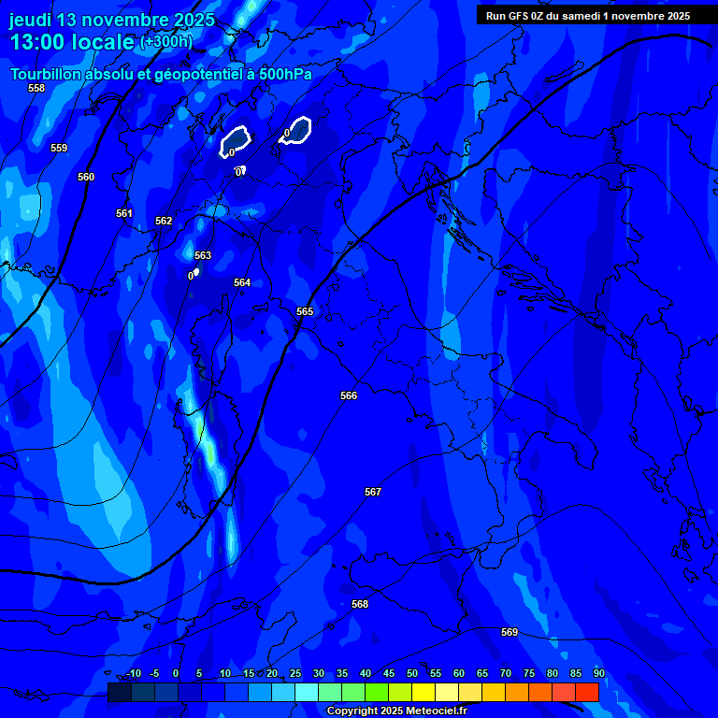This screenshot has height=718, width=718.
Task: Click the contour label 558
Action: pos(36,88)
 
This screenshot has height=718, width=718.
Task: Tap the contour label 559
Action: pos(59,148)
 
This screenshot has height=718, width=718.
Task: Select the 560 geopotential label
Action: pos(86,177)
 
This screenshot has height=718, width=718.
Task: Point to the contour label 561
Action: pos(124,213)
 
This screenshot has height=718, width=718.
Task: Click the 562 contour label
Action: pos(164,221)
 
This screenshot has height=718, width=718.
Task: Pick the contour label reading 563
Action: pos(203,255)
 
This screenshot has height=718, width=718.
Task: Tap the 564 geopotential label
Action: pos(242,282)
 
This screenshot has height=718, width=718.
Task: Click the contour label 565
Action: pos(305,311)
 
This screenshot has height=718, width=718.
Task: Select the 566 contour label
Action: pos(349,395)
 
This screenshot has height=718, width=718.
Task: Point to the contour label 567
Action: pos(373,492)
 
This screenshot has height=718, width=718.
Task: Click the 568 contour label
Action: pos(360,604)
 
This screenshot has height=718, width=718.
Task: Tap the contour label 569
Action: pos(510,632)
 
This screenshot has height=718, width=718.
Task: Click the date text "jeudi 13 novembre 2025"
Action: pos(112,20)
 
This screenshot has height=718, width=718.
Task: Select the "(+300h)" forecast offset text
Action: pos(165,42)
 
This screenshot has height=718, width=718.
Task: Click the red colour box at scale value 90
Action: pos(587,692)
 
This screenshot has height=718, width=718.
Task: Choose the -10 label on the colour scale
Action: pos(134,674)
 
